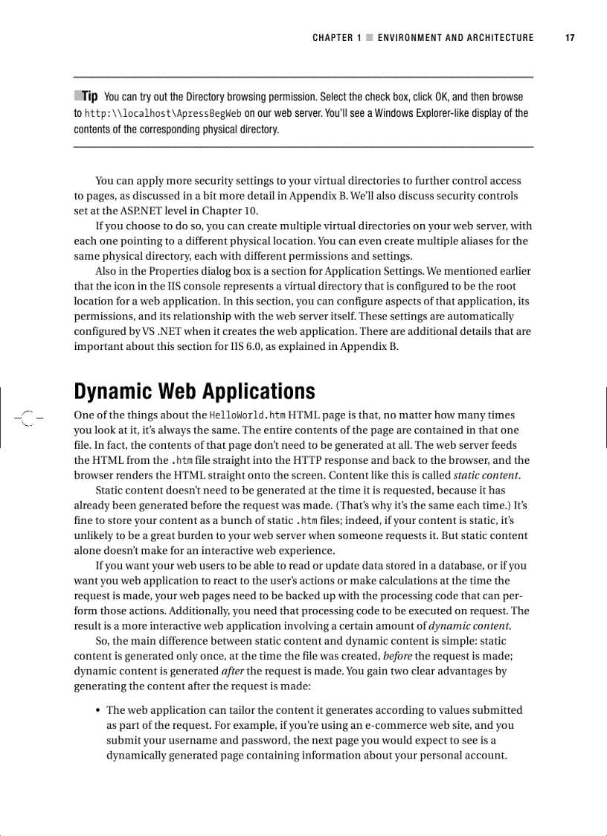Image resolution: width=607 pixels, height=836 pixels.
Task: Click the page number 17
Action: tap(570, 38)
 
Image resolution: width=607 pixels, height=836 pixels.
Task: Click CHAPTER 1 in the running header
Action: tap(333, 38)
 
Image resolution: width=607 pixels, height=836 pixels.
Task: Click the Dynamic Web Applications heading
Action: tap(194, 392)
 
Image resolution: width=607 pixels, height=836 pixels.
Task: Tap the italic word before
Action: tap(397, 655)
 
